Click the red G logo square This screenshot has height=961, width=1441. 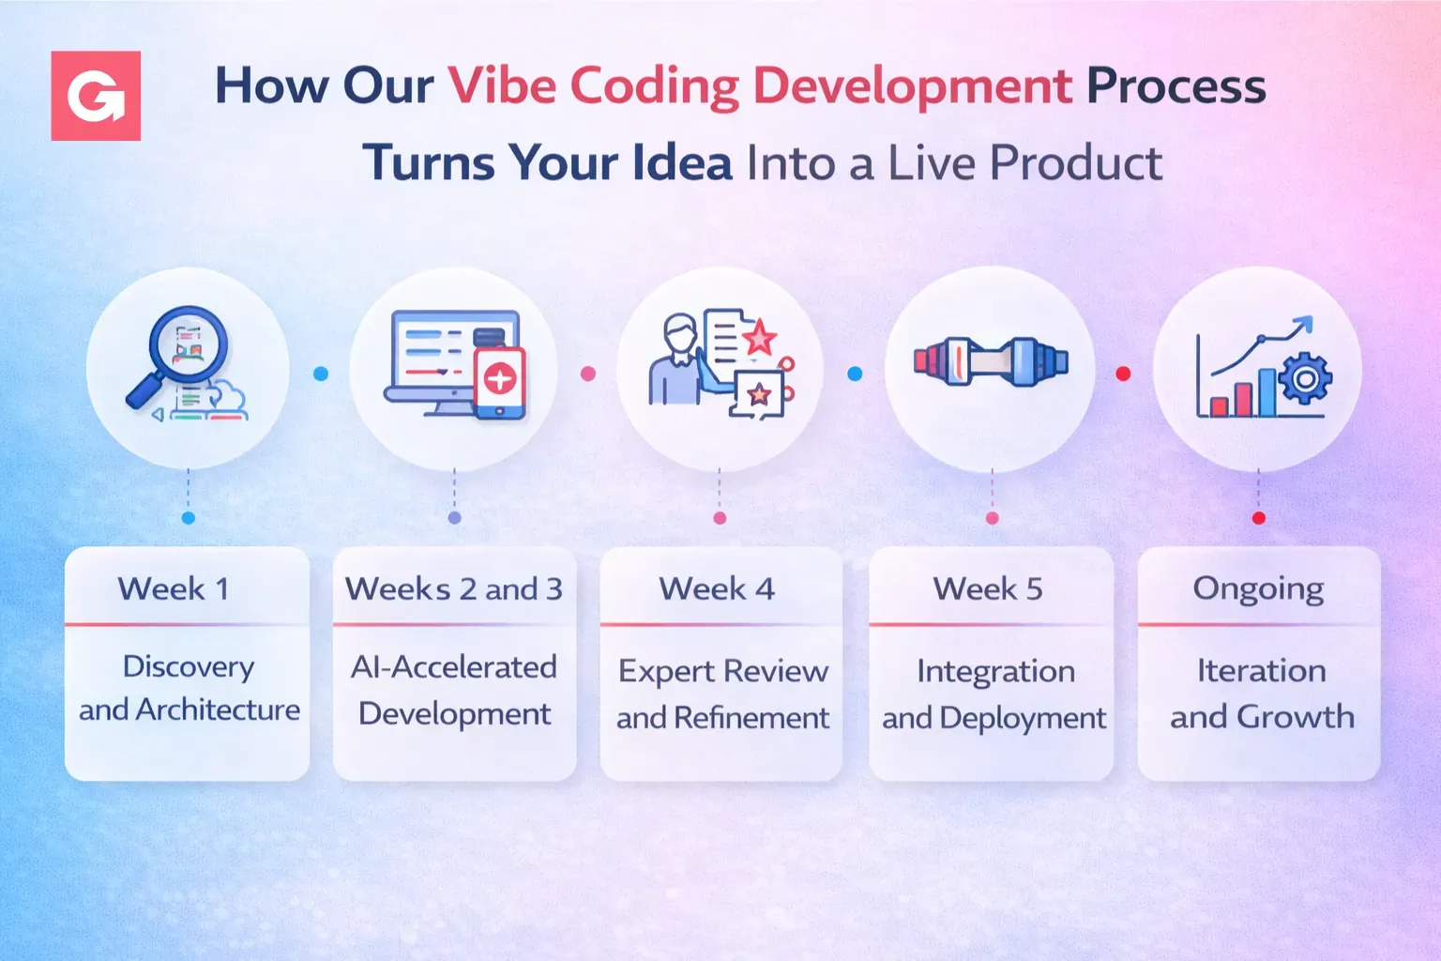(96, 96)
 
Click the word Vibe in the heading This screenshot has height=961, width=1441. (501, 85)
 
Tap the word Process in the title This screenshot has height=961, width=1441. (1176, 85)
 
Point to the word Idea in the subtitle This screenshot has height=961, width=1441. (681, 162)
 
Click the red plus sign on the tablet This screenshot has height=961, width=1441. (499, 380)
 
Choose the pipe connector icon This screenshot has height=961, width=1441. (991, 361)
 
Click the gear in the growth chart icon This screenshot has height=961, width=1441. (1305, 379)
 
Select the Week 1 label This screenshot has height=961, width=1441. (174, 589)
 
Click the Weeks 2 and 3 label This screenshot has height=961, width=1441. (454, 589)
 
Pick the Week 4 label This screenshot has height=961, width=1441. (718, 589)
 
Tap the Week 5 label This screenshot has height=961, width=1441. (988, 589)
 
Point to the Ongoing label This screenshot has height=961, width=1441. (1258, 589)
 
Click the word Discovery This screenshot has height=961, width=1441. (189, 667)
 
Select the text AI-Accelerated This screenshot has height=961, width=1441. (454, 667)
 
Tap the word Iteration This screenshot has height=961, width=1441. (1262, 671)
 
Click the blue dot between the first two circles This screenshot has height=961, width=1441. (321, 374)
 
